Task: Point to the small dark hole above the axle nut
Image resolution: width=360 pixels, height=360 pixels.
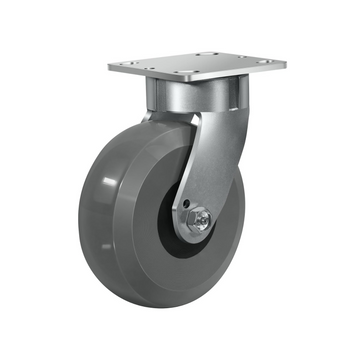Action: coord(188,206)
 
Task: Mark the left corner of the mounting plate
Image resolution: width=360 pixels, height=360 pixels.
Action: coord(111,69)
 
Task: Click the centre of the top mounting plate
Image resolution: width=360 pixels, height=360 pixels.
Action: coord(199,68)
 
